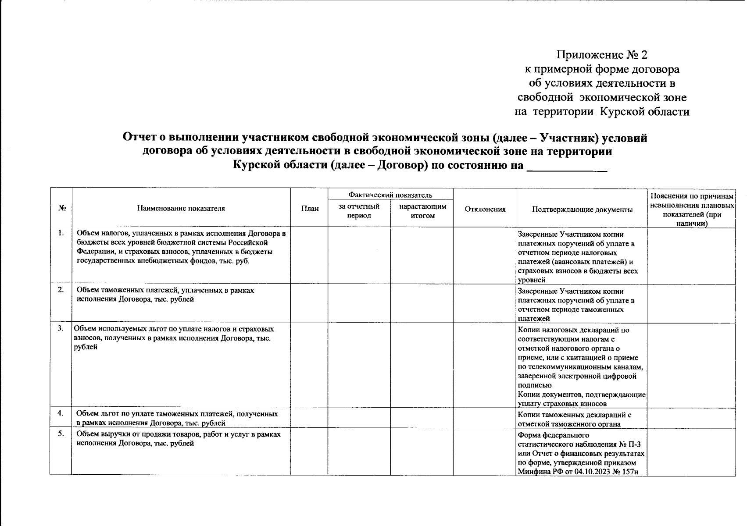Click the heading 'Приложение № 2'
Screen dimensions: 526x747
click(x=601, y=55)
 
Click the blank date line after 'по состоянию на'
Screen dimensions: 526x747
click(x=566, y=167)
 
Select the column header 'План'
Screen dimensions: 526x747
click(x=309, y=209)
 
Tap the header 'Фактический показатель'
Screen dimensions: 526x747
click(x=390, y=195)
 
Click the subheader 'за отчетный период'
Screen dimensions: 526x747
click(x=359, y=211)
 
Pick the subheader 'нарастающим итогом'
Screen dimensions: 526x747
click(x=422, y=211)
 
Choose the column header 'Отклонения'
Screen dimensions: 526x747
click(x=485, y=209)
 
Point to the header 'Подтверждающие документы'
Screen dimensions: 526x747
click(x=582, y=210)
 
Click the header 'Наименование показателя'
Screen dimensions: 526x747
click(x=181, y=209)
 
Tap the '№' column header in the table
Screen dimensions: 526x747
click(x=61, y=209)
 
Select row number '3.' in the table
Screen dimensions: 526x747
click(x=61, y=329)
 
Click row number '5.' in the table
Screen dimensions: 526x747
click(x=61, y=434)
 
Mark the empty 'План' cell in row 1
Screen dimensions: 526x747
click(x=309, y=255)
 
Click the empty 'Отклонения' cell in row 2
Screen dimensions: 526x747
click(x=485, y=303)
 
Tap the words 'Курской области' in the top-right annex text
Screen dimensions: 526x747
click(x=644, y=112)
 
